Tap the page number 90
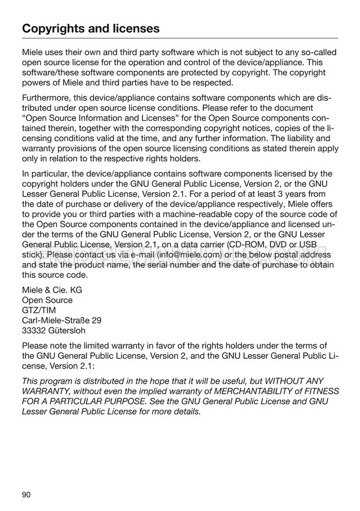[27, 494]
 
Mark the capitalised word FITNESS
[322, 391]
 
